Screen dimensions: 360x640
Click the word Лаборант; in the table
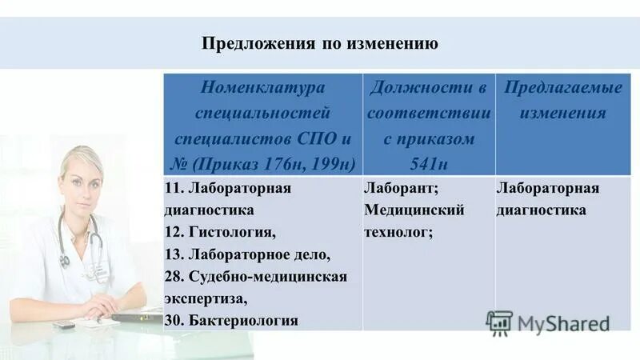[x=400, y=190]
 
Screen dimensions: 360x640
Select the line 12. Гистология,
[x=220, y=232]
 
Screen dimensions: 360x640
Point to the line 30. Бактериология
[x=231, y=320]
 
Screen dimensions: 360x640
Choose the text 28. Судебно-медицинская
[x=256, y=277]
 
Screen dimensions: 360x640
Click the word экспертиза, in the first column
[x=206, y=298]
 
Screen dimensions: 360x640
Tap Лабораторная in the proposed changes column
[x=547, y=190]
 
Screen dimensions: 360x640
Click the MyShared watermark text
[x=563, y=322]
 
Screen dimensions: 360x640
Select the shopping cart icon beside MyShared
[x=499, y=322]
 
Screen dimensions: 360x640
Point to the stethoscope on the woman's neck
[x=80, y=240]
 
